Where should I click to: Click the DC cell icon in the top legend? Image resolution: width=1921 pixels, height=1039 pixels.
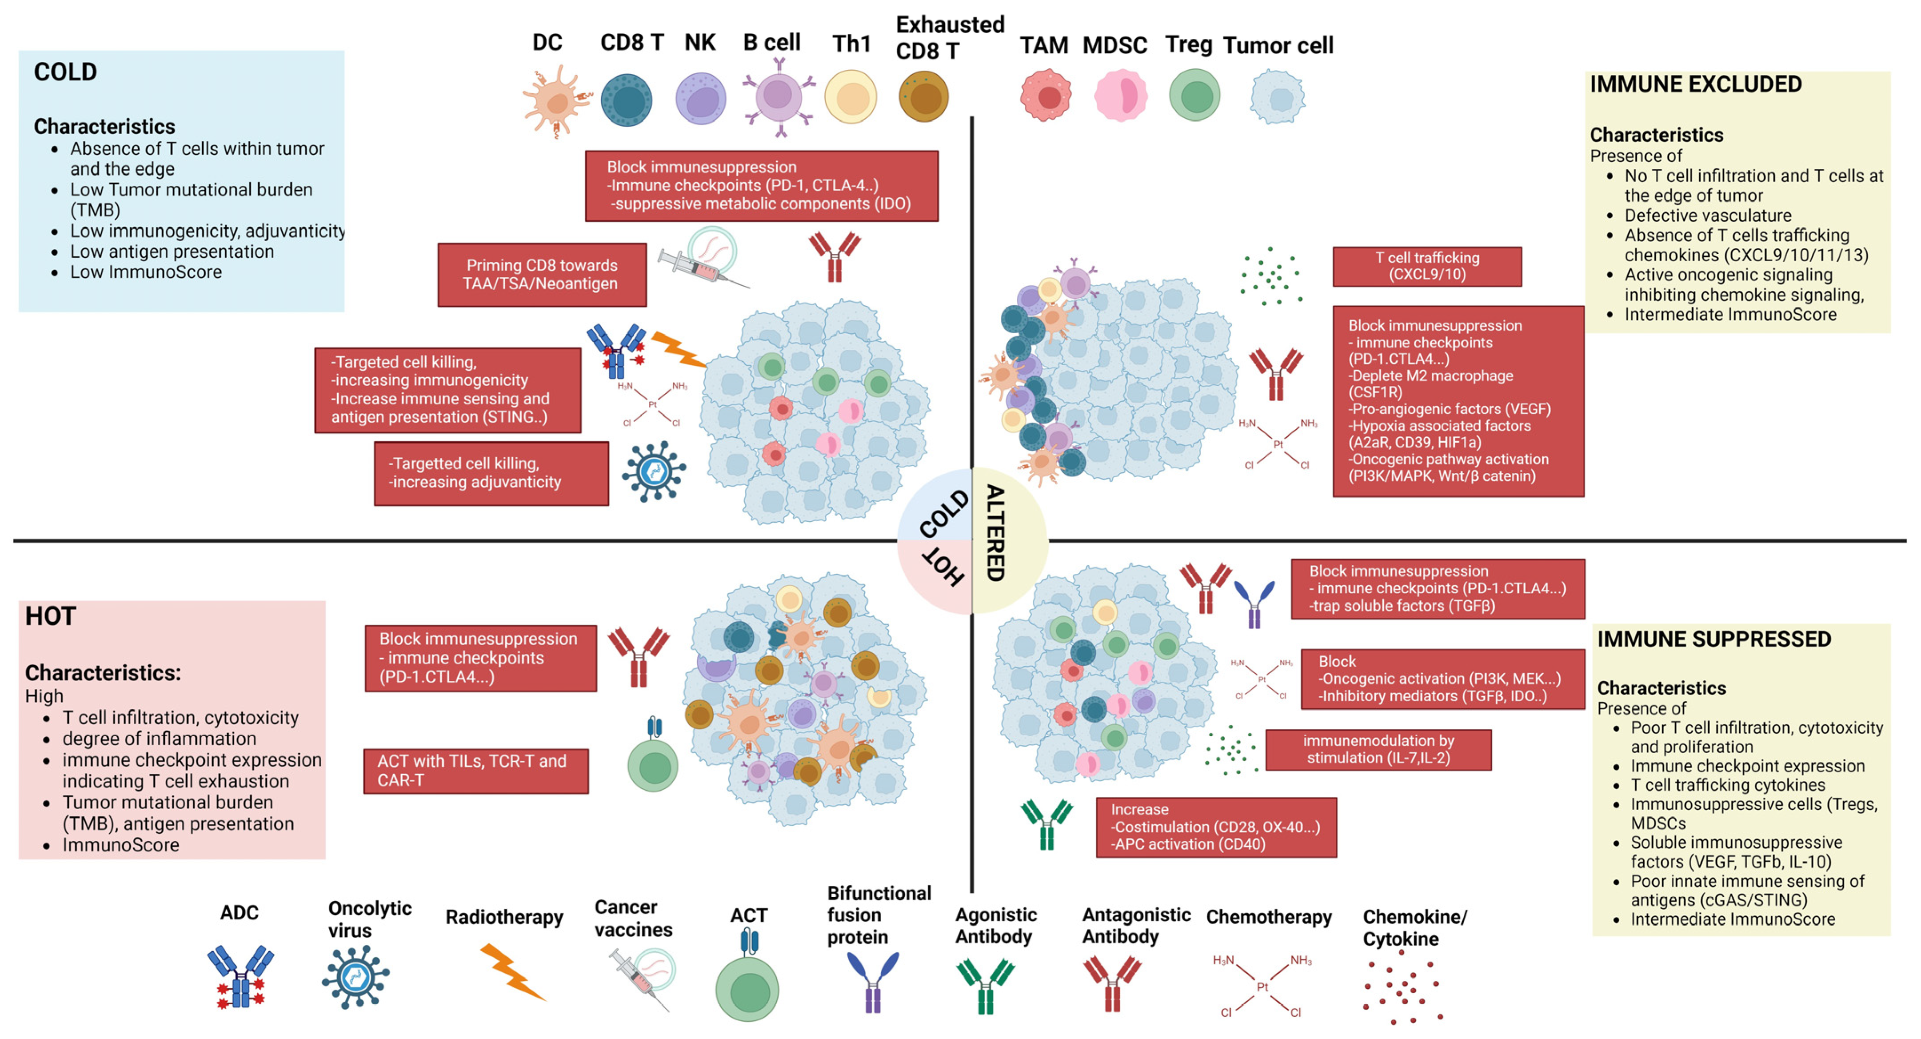[x=555, y=101]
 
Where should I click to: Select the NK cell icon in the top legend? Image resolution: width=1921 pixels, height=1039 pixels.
[x=700, y=98]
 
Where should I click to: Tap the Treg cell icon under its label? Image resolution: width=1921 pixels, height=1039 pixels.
[x=1194, y=96]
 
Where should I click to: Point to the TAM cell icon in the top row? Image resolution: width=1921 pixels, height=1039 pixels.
[x=1046, y=96]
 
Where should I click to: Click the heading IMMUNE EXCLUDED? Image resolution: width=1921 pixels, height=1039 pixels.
[x=1695, y=84]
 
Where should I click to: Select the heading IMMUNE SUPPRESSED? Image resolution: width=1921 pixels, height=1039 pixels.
[x=1713, y=639]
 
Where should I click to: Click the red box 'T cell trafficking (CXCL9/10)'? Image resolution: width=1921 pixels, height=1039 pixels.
[x=1426, y=266]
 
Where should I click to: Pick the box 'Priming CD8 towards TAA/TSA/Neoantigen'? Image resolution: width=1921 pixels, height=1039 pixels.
[x=541, y=275]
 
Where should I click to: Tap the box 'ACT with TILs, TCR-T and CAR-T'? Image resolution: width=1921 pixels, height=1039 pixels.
[x=475, y=771]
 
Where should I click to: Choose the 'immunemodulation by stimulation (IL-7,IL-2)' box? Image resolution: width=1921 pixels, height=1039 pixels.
[x=1378, y=749]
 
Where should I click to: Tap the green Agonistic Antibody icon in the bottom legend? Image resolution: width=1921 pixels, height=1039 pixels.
[x=984, y=984]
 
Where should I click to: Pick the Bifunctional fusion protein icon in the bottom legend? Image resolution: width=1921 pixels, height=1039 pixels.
[x=872, y=981]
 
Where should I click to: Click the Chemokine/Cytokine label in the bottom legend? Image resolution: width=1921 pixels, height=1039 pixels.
[x=1414, y=927]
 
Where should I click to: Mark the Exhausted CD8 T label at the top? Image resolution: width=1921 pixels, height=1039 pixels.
[x=949, y=37]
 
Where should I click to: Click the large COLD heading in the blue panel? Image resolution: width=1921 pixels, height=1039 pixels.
[x=66, y=72]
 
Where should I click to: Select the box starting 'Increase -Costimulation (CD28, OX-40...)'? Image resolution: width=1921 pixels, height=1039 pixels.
[x=1215, y=827]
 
